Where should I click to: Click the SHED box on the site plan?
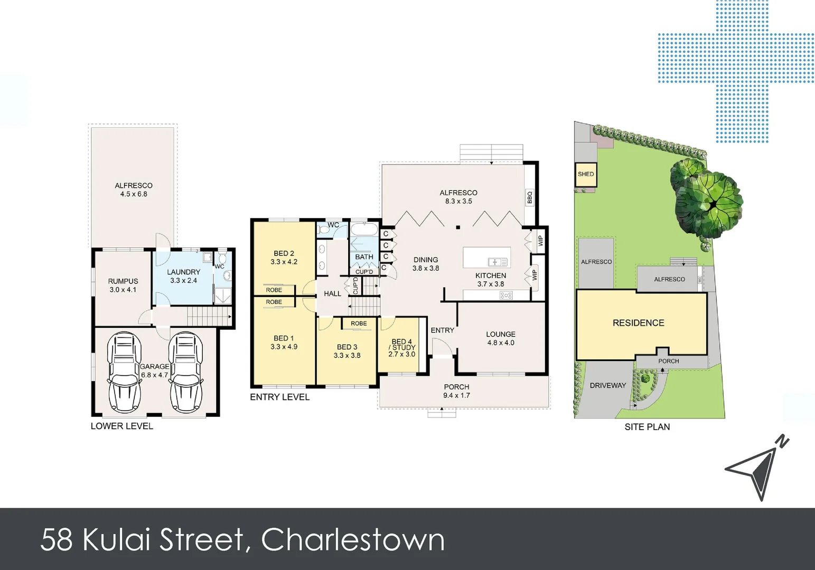pyautogui.click(x=585, y=175)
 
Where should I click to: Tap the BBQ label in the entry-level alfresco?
pyautogui.click(x=530, y=197)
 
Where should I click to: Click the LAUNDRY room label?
pyautogui.click(x=183, y=276)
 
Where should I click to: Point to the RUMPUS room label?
pyautogui.click(x=123, y=286)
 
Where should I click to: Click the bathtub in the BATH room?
pyautogui.click(x=364, y=230)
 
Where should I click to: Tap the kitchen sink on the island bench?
pyautogui.click(x=497, y=262)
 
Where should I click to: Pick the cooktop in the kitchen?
pyautogui.click(x=505, y=296)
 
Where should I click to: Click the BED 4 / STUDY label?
pyautogui.click(x=402, y=348)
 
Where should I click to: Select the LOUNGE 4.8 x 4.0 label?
pyautogui.click(x=500, y=338)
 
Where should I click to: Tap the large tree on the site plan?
pyautogui.click(x=708, y=198)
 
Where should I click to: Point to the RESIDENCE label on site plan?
pyautogui.click(x=638, y=323)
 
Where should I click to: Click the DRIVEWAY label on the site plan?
pyautogui.click(x=607, y=386)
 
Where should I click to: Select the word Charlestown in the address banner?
pyautogui.click(x=353, y=539)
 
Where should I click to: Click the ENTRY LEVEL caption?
pyautogui.click(x=279, y=397)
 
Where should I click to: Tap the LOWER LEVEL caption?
pyautogui.click(x=121, y=426)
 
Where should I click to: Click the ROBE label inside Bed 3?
pyautogui.click(x=359, y=324)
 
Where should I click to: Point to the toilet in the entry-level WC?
pyautogui.click(x=324, y=230)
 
